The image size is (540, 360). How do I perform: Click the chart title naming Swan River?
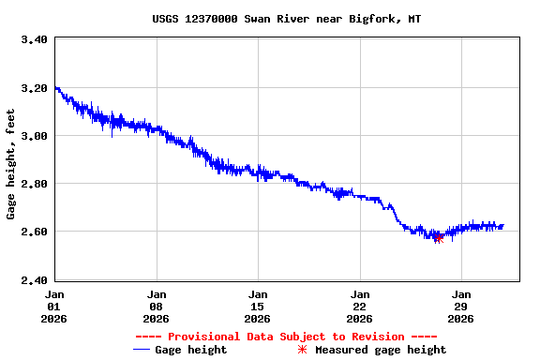pos(286,19)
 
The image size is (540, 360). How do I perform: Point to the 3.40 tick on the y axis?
pos(35,40)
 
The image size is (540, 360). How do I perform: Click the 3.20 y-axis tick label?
pos(35,88)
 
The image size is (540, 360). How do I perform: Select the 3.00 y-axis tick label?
pos(35,136)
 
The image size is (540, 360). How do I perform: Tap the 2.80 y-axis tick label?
pos(35,184)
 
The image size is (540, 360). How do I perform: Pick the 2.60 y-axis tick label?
pos(35,232)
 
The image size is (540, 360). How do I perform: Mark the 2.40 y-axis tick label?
pos(35,279)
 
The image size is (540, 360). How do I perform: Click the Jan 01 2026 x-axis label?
pos(54,306)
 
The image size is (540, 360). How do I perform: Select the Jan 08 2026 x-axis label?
pos(157,306)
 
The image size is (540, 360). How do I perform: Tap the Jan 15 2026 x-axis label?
pos(258,306)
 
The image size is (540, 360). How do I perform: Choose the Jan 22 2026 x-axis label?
pos(360,306)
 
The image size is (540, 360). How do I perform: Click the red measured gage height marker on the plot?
pos(438,238)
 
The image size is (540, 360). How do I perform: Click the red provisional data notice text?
pos(286,337)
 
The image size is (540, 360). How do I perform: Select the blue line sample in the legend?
pos(142,350)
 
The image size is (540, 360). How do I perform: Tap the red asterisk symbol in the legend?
pos(302,350)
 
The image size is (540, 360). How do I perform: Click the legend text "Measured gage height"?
pos(381,350)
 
